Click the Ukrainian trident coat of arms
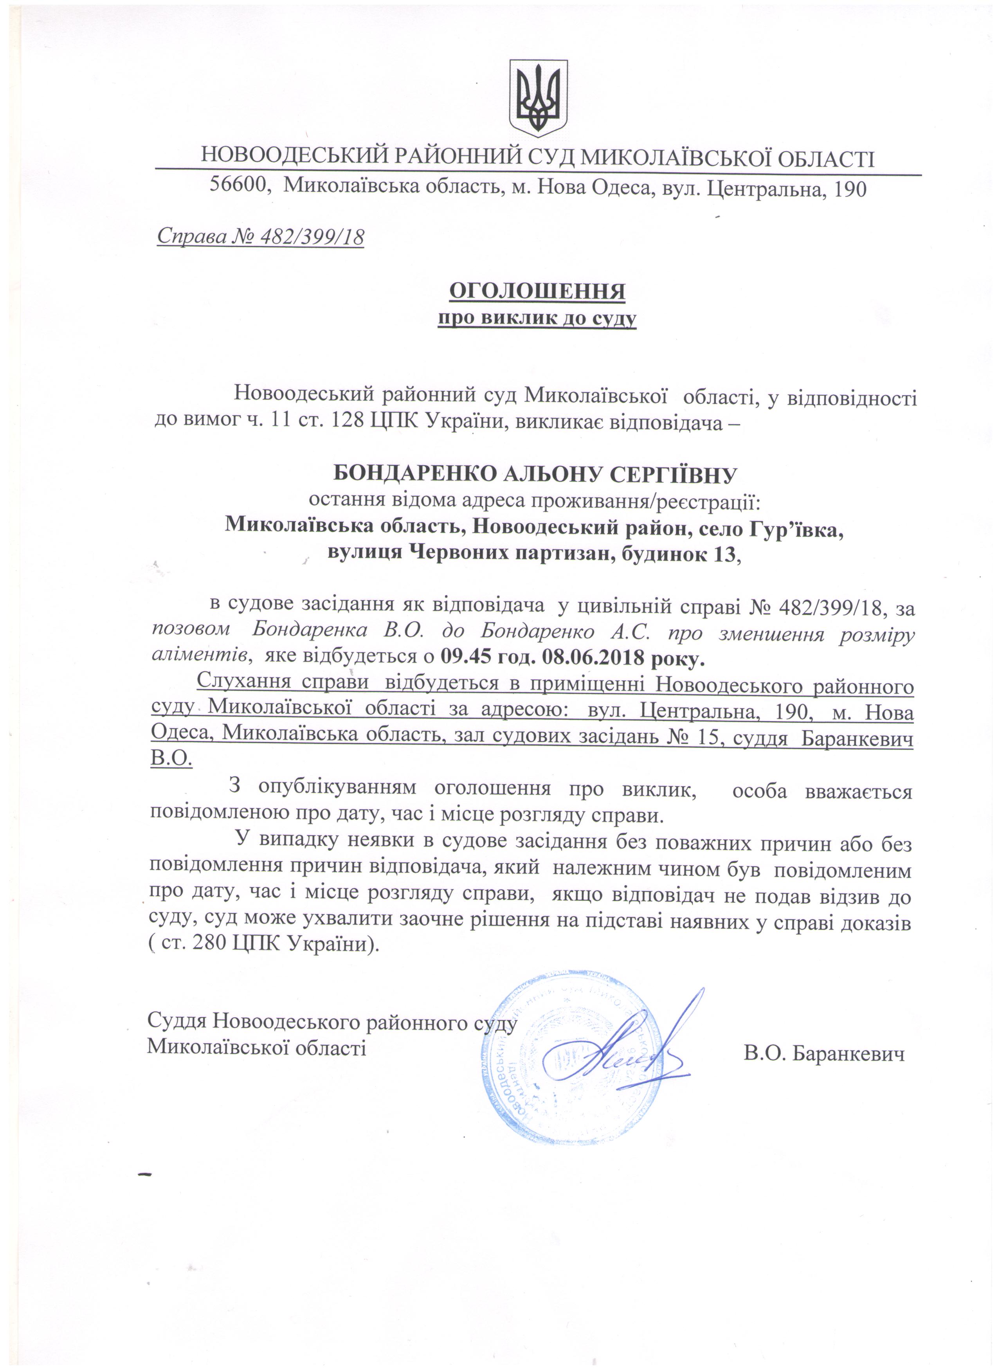coord(538,97)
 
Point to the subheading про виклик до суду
coord(537,318)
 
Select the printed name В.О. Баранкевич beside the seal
coord(825,1055)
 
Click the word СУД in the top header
coord(551,158)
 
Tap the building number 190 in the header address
coord(849,189)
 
